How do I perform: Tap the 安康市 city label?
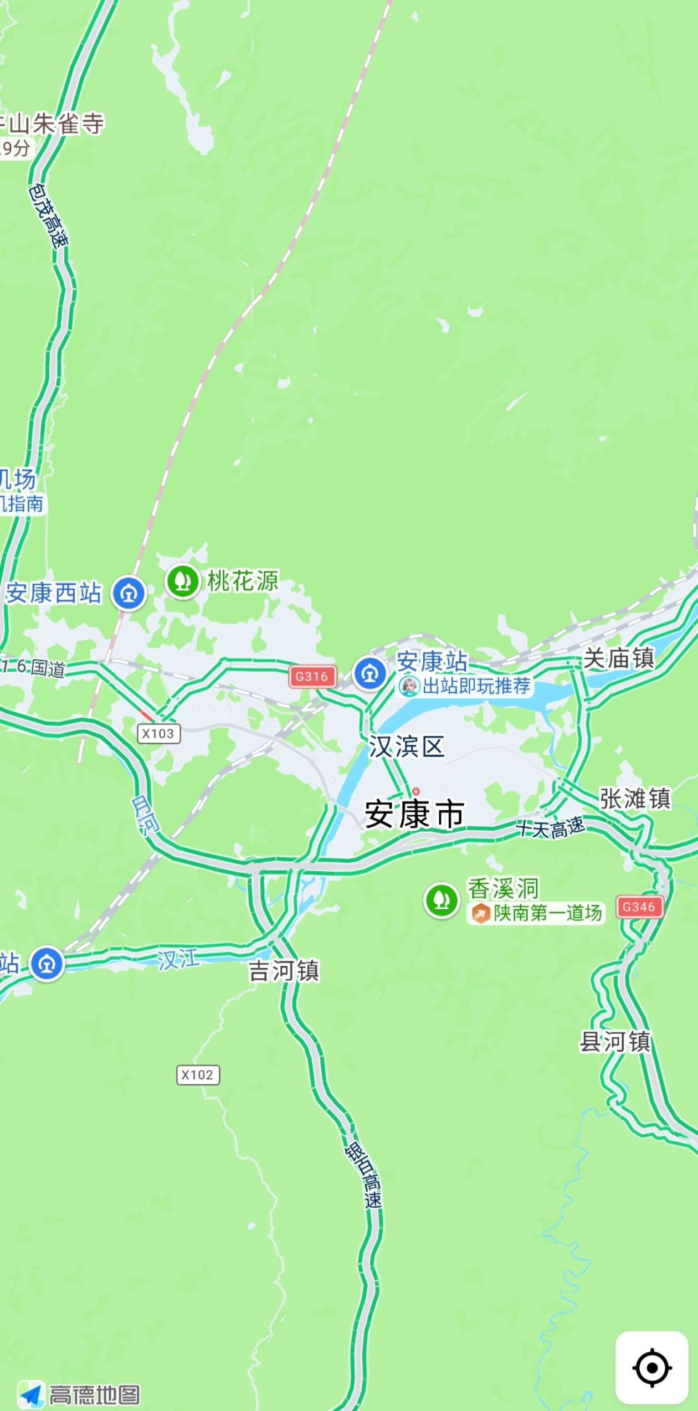(414, 815)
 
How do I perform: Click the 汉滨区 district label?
(407, 747)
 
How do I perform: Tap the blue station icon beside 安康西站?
(129, 594)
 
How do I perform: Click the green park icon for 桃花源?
(183, 581)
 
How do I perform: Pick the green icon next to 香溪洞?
(442, 900)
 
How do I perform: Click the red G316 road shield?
(312, 676)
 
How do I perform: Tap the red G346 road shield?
(639, 907)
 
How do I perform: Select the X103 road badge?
(158, 734)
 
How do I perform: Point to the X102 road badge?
(198, 1075)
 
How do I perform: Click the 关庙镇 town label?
(619, 659)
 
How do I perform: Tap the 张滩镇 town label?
(635, 799)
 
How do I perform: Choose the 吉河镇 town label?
(284, 971)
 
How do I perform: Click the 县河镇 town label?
(615, 1042)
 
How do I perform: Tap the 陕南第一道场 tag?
(536, 913)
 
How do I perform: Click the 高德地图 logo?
(79, 1394)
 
